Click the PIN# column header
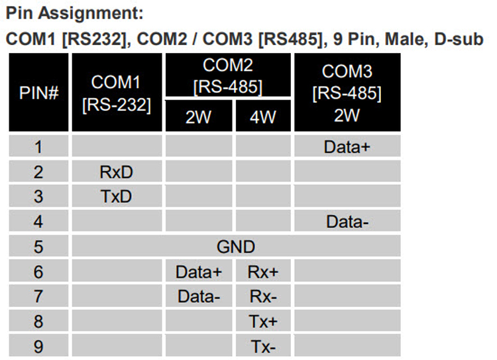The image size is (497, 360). [38, 92]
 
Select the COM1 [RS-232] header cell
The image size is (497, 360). [117, 92]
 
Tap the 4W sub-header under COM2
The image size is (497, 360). [263, 116]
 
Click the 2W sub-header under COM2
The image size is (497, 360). [199, 116]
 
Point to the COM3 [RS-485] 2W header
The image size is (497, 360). [347, 92]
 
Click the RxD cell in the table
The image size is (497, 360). [117, 172]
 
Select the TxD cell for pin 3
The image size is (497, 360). [117, 196]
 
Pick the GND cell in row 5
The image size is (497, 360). [236, 247]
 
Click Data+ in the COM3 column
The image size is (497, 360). [347, 147]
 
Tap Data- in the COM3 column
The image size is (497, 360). [347, 221]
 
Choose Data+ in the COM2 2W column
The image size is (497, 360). [199, 272]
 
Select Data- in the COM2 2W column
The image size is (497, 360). [199, 296]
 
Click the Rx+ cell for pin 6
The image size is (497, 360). [263, 272]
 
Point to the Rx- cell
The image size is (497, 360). [263, 296]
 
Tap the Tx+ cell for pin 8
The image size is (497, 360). [263, 322]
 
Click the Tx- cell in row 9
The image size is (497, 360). [263, 346]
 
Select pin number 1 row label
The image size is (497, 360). [38, 147]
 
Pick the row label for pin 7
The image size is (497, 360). [38, 296]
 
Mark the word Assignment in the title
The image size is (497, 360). [91, 14]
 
